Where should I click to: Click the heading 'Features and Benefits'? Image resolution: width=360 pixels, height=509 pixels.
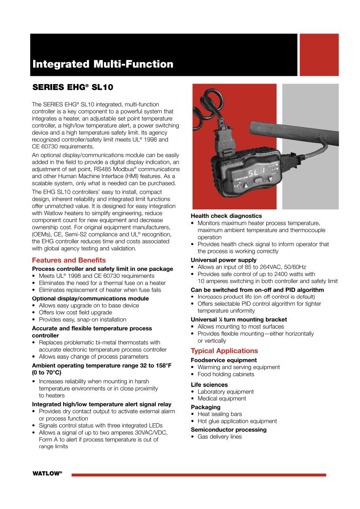69,260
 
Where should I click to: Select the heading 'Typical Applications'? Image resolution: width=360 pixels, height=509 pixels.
224,351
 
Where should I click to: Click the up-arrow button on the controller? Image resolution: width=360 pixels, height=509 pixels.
272,179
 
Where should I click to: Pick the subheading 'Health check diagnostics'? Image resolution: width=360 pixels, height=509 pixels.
227,216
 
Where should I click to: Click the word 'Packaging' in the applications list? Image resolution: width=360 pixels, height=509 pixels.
206,407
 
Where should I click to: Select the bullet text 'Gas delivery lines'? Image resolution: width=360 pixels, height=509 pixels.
219,437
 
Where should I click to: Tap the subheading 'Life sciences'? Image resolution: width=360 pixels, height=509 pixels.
209,384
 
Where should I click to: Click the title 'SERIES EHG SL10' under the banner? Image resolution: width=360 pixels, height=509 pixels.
73,87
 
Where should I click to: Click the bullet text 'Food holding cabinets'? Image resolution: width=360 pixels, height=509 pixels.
226,374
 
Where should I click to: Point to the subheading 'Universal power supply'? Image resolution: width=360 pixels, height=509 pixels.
224,260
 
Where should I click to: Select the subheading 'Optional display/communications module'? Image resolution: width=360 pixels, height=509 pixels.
90,298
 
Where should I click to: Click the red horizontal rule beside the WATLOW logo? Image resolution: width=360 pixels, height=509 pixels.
198,475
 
